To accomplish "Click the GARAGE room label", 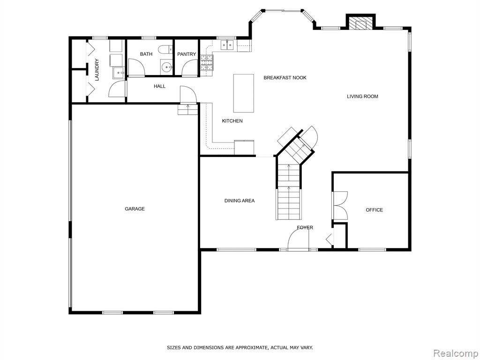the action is (135, 209).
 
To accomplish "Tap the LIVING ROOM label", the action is (362, 97).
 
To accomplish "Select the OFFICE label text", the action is (375, 210).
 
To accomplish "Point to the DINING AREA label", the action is (240, 201).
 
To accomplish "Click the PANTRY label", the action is (187, 54).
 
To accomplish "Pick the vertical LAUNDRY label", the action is (97, 70).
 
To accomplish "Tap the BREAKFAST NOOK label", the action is (285, 78).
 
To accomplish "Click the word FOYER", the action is (305, 228).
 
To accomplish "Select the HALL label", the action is (159, 86).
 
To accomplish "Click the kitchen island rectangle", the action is (244, 93).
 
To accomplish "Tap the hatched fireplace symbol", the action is (360, 23).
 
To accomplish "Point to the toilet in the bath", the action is (165, 49).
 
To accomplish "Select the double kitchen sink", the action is (227, 45).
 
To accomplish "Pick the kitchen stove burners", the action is (207, 63).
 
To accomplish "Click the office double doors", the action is (340, 205).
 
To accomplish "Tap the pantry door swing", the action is (190, 67).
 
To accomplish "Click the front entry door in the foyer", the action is (299, 240).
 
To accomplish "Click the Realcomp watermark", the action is (456, 353).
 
